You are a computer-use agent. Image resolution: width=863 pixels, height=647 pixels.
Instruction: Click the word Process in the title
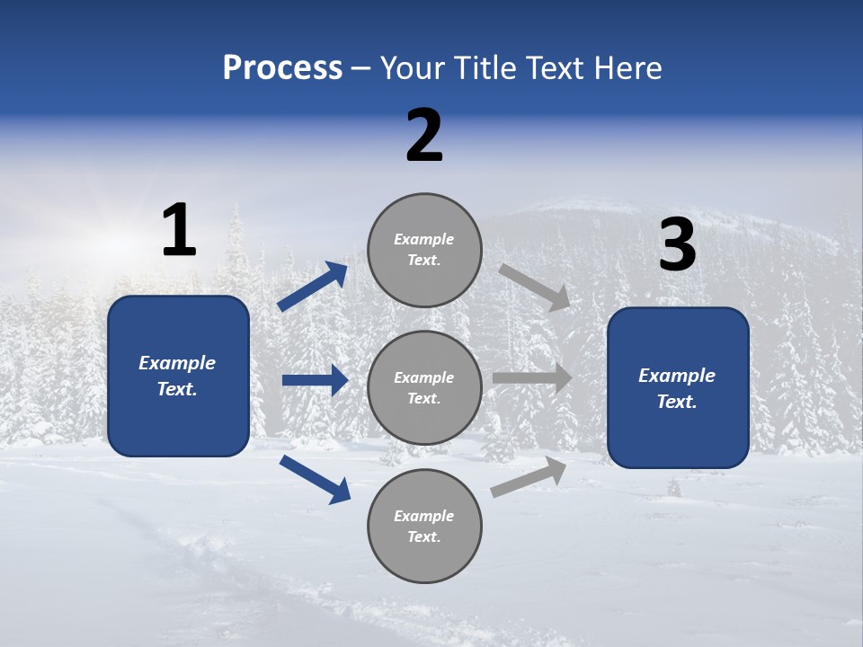pos(282,68)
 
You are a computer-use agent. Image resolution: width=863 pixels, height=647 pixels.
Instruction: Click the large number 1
pos(179,231)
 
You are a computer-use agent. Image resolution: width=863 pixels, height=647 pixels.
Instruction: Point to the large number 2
pos(424,136)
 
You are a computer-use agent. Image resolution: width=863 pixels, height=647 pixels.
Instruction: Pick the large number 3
pos(677,244)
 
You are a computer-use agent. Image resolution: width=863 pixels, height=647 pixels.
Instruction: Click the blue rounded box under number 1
pos(178,376)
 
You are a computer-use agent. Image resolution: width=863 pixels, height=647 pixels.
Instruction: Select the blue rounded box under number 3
pos(678,388)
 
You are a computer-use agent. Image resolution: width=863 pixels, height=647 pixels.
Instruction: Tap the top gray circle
pos(424,250)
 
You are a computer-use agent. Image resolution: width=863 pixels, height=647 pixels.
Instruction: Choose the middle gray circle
pos(424,388)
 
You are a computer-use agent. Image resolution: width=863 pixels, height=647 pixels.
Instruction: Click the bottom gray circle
pos(424,527)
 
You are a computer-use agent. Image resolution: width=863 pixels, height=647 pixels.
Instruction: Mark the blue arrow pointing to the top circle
pos(313,287)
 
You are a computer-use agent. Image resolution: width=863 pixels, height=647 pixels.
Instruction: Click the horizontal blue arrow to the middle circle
pos(315,380)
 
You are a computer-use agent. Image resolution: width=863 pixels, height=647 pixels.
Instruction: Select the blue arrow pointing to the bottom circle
pos(315,479)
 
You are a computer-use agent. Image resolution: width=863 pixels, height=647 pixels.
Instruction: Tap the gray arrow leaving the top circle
pos(534,287)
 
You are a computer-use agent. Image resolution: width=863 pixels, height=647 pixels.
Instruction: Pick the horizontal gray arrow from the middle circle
pos(532,378)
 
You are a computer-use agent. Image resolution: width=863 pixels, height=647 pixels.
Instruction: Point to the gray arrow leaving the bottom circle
pos(529,476)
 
